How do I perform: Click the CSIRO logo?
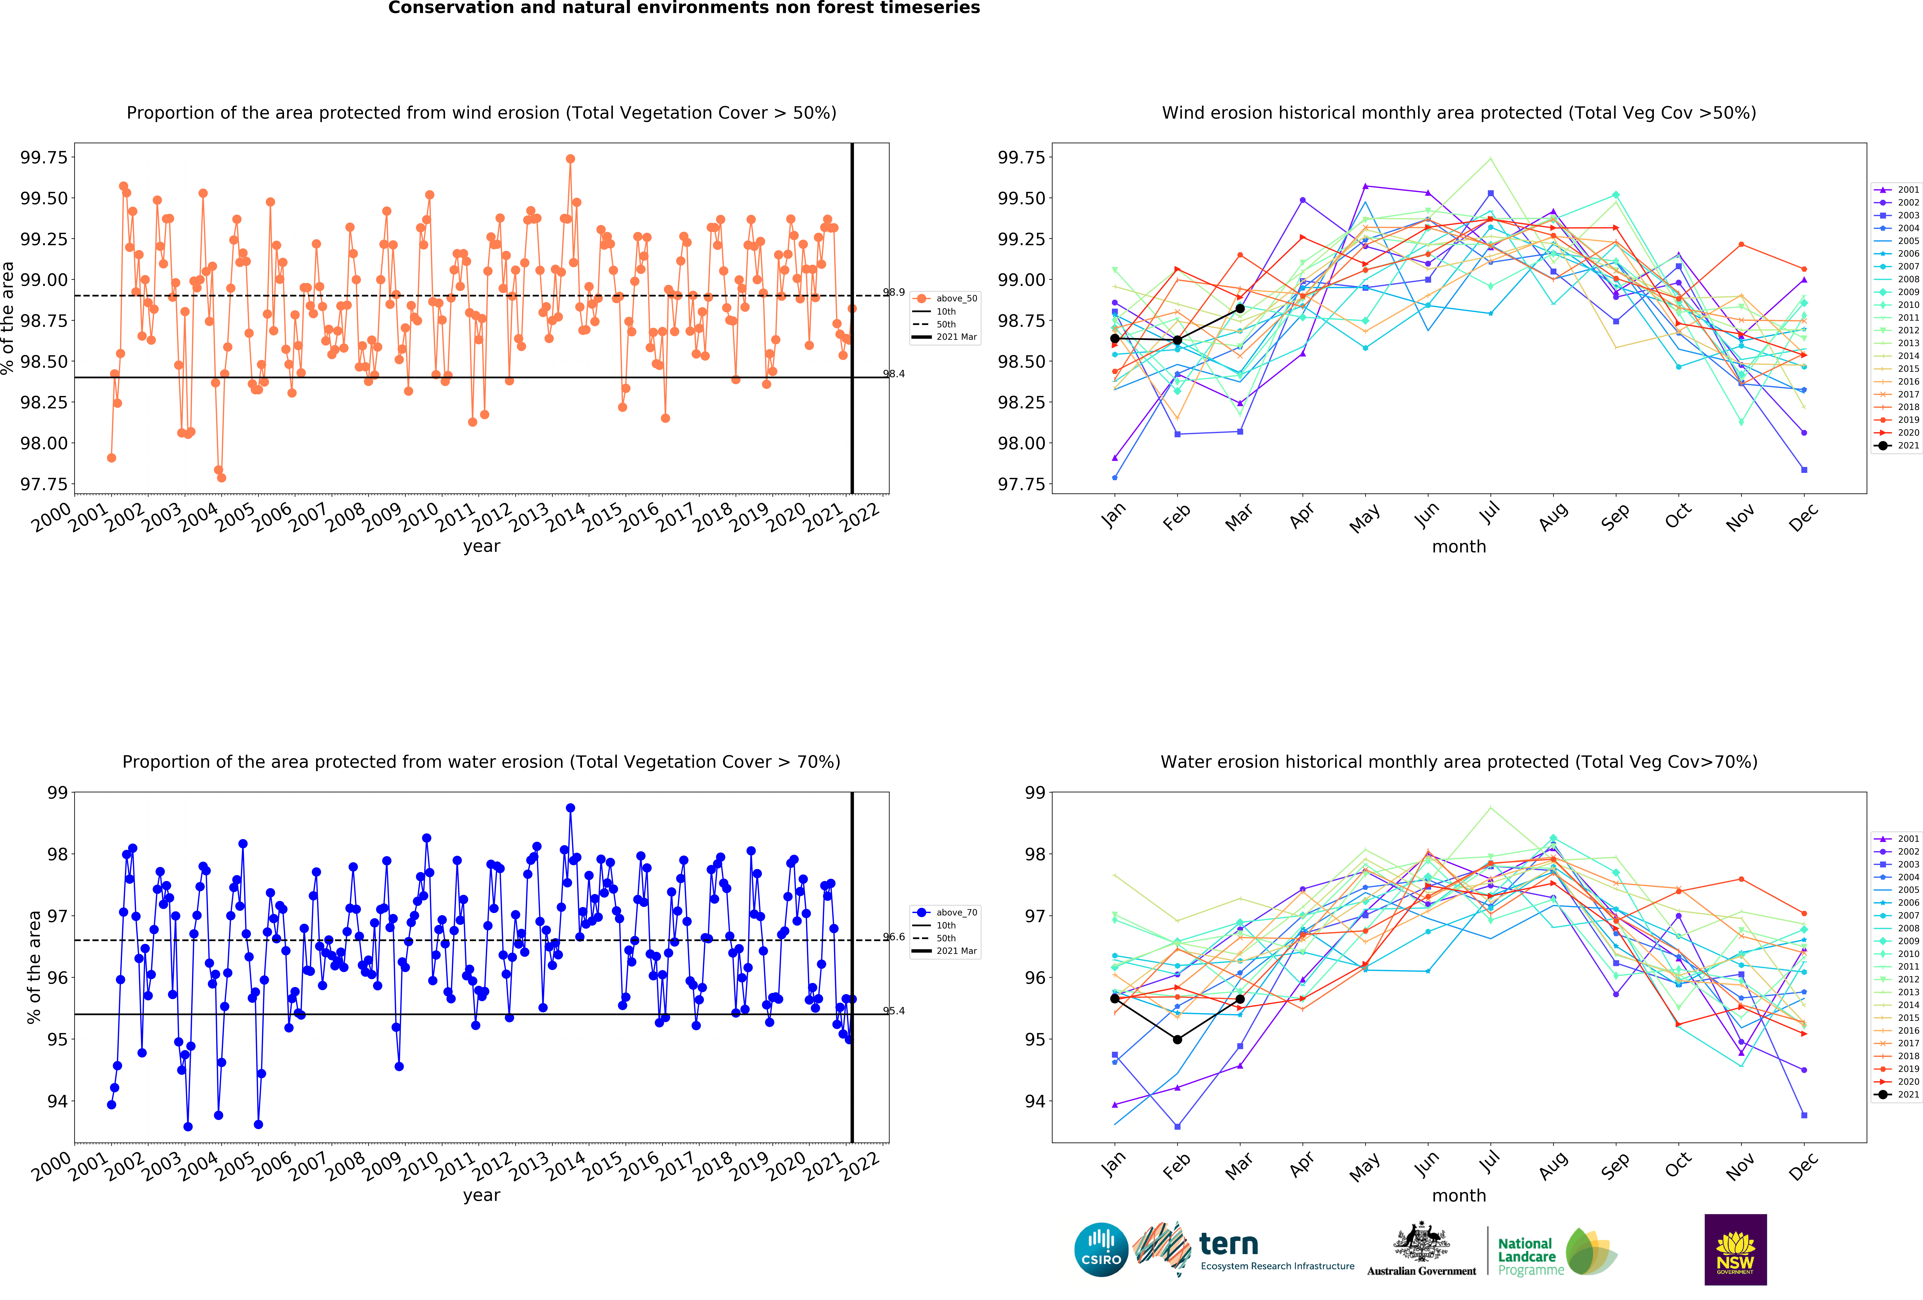pos(1101,1250)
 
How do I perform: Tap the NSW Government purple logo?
pos(1735,1250)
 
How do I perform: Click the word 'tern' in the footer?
pos(1229,1244)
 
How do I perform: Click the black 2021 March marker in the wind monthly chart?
pos(1239,309)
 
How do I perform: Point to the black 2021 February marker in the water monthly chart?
pos(1177,1039)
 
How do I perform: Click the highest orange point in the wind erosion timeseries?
pos(570,159)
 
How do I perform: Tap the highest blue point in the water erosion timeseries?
pos(570,808)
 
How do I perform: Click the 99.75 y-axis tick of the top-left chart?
pos(44,157)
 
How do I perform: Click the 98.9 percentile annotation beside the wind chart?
pos(894,292)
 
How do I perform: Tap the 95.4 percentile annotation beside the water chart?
pos(894,1010)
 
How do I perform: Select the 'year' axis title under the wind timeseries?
pos(482,546)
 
